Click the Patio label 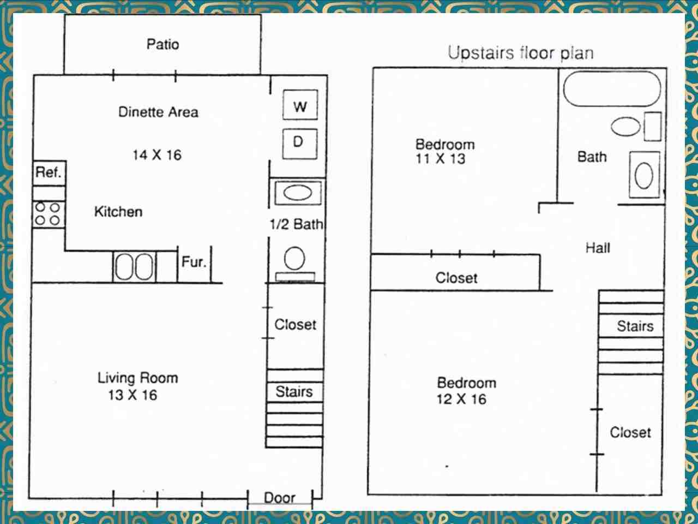click(163, 44)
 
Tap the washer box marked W click(300, 105)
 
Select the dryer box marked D click(300, 144)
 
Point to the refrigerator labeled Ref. click(49, 173)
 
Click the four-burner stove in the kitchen click(49, 214)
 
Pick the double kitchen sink click(134, 266)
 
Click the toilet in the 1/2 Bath click(295, 264)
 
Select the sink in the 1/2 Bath click(298, 193)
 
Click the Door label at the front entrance click(280, 498)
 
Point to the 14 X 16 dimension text click(157, 155)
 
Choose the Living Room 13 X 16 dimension click(133, 395)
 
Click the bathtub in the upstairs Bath click(611, 89)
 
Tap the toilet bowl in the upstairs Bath click(625, 127)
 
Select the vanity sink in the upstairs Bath click(644, 175)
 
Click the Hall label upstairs click(598, 248)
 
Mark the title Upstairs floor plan click(521, 53)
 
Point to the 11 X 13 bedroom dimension click(441, 159)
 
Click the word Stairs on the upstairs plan click(635, 326)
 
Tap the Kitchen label click(118, 212)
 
